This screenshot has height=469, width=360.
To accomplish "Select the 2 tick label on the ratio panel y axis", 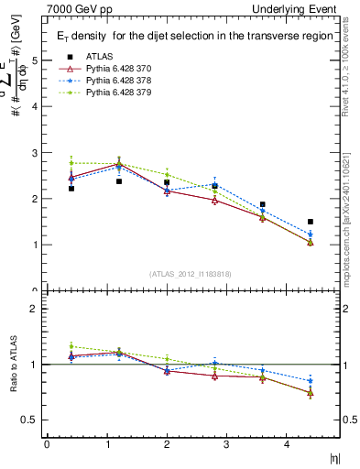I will click(x=36, y=309).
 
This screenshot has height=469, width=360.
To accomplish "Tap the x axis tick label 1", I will click(x=105, y=445).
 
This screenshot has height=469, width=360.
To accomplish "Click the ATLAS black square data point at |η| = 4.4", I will click(x=311, y=222).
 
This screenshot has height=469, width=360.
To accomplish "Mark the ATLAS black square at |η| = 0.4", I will click(x=71, y=188).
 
